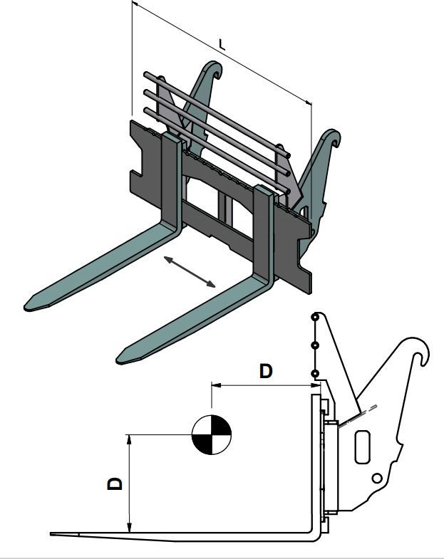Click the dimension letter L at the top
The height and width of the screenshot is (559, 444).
pyautogui.click(x=222, y=45)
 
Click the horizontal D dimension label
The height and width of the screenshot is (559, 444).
pyautogui.click(x=266, y=371)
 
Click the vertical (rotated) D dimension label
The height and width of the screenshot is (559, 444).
pyautogui.click(x=115, y=484)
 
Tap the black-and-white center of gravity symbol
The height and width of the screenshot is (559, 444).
pyautogui.click(x=212, y=434)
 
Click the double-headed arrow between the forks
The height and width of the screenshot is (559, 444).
pyautogui.click(x=190, y=271)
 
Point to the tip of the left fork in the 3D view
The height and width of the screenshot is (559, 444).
pyautogui.click(x=26, y=307)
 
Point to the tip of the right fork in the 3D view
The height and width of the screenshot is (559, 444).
pyautogui.click(x=118, y=359)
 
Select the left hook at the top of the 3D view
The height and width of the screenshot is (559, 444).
pyautogui.click(x=213, y=70)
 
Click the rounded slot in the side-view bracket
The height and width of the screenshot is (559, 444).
pyautogui.click(x=362, y=446)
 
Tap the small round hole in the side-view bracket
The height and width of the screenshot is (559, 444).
pyautogui.click(x=377, y=478)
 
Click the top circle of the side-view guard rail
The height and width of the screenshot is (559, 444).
pyautogui.click(x=315, y=317)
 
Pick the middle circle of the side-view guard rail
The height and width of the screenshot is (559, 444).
pyautogui.click(x=315, y=345)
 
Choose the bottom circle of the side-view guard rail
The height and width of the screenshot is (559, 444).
pyautogui.click(x=315, y=374)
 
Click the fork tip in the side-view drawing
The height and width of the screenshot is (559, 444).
pyautogui.click(x=51, y=534)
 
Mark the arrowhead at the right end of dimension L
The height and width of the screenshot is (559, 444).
pyautogui.click(x=309, y=103)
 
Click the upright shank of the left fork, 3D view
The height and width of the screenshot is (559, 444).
pyautogui.click(x=171, y=178)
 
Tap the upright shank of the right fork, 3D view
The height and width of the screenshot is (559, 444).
pyautogui.click(x=264, y=231)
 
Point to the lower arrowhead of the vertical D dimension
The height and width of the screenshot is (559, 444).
pyautogui.click(x=130, y=528)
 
